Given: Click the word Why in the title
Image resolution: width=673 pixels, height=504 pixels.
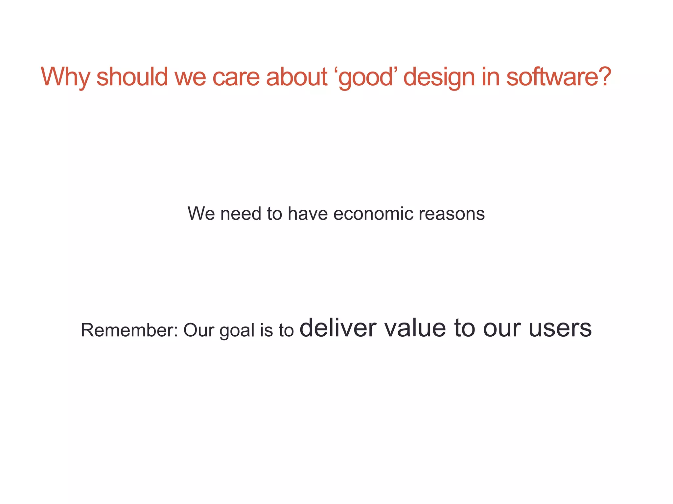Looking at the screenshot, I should pos(65,77).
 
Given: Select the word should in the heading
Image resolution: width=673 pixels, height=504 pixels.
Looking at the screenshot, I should pos(132,77).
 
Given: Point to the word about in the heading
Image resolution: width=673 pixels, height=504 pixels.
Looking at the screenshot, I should pos(296,77).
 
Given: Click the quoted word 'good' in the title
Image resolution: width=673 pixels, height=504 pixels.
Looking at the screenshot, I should pos(365,77).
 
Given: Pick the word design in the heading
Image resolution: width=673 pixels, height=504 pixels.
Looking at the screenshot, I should pos(439,77).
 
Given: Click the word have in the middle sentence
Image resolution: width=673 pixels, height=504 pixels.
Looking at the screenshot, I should pos(308,214).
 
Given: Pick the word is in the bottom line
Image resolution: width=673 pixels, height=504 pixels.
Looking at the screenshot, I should pos(266,330).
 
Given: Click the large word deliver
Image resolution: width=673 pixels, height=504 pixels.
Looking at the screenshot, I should pos(338,328).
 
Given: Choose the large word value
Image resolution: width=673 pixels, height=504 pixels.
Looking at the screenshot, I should pos(415,328).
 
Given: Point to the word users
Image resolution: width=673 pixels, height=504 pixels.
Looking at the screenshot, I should pos(560,328).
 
